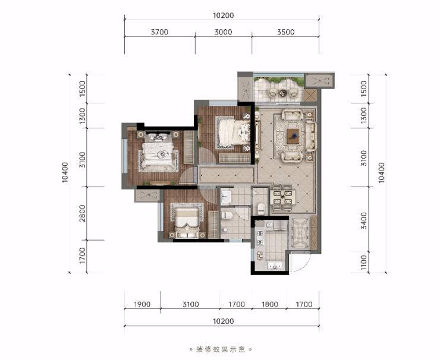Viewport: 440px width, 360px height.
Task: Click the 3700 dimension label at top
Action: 159,32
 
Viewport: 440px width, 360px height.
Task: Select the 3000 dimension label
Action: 224,32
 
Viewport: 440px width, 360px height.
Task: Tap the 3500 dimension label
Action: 286,32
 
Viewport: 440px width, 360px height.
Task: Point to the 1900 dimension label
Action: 142,304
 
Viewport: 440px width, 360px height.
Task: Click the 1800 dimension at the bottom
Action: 270,304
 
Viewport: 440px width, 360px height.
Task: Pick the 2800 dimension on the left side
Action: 82,213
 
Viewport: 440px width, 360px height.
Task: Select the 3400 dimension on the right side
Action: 364,220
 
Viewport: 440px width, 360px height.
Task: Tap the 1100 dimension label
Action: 364,263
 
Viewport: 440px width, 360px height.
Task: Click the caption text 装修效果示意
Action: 221,349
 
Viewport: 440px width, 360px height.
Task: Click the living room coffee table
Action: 293,136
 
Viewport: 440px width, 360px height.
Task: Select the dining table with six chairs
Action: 282,197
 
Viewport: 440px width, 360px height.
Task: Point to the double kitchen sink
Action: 275,265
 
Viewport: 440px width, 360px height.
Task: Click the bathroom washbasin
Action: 225,197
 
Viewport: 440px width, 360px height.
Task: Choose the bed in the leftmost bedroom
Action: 158,154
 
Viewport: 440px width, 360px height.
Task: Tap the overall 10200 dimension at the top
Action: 224,15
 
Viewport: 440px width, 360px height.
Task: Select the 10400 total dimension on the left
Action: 65,172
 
